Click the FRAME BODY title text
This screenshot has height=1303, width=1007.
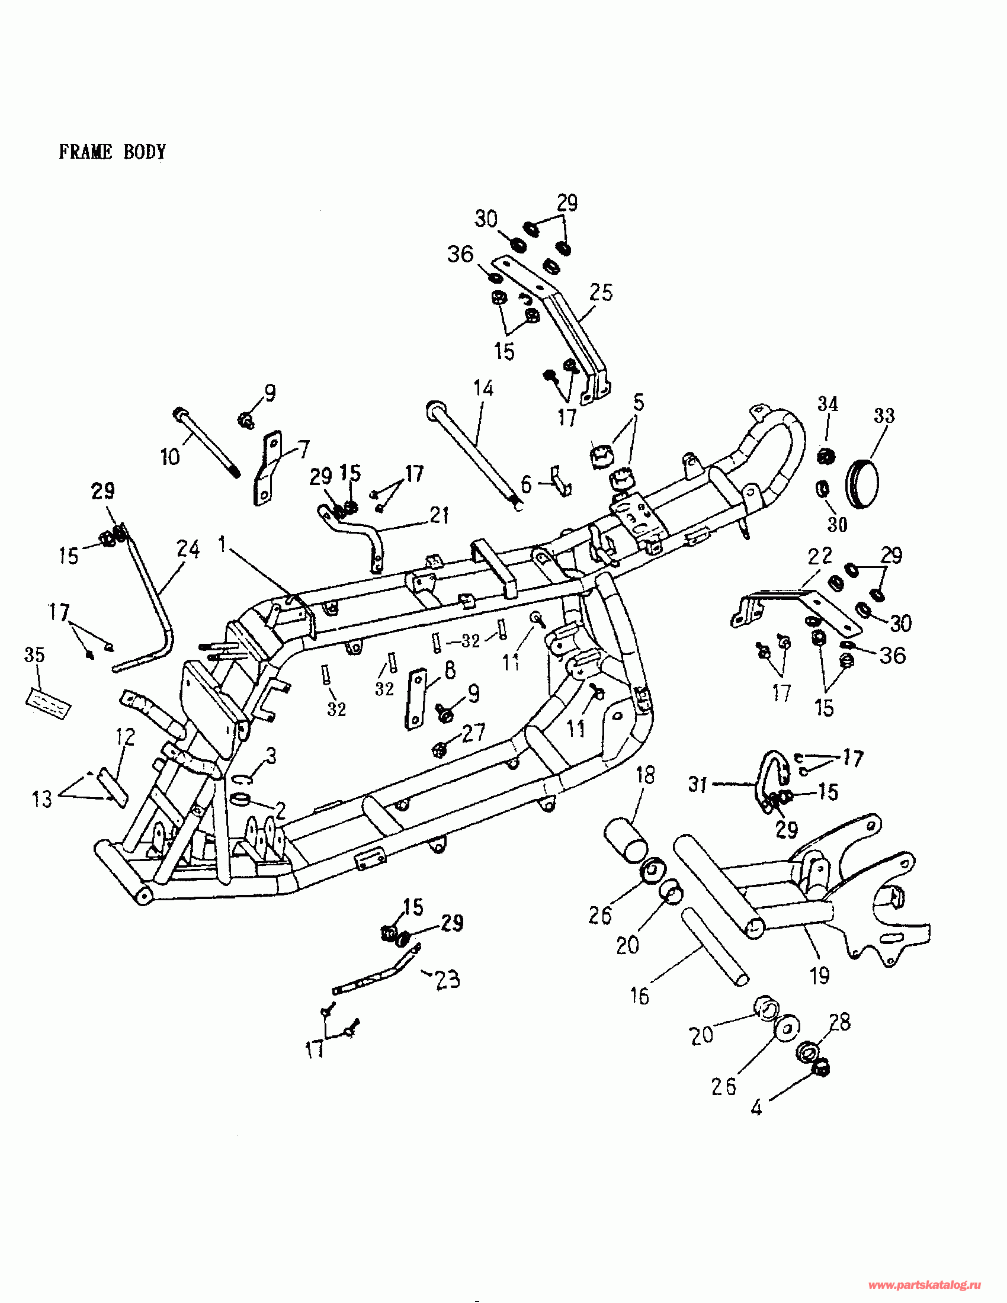pos(112,152)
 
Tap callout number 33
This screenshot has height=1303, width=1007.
pos(884,415)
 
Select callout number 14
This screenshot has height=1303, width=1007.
pos(483,389)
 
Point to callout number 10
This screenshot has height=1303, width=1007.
pos(170,457)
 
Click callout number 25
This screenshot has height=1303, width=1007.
pos(601,293)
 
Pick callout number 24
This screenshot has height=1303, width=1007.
pos(188,549)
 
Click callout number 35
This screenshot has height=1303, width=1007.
pos(34,654)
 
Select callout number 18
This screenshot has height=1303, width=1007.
pos(646,775)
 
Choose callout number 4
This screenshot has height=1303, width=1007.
pos(756,1108)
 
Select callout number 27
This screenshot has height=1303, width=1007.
pos(474,732)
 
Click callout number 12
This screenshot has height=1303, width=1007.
pos(125,737)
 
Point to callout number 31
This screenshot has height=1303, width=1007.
pos(698,784)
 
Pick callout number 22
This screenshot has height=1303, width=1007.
pos(820,556)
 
